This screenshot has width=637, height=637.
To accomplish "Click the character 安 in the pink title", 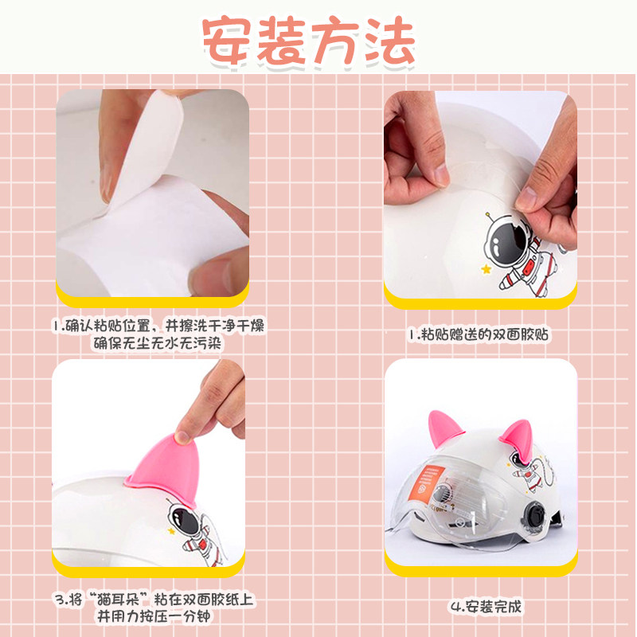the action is (226, 40).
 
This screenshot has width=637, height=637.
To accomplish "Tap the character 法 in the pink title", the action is (390, 40).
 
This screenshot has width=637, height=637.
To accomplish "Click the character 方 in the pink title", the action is (335, 41).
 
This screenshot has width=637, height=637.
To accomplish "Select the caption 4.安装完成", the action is (486, 607).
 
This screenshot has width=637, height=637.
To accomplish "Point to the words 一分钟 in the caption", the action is (187, 616).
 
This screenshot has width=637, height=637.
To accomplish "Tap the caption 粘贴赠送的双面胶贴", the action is (484, 334).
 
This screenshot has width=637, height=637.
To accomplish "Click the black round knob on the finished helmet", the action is (533, 514).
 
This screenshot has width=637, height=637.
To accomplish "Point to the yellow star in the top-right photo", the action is (486, 268).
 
